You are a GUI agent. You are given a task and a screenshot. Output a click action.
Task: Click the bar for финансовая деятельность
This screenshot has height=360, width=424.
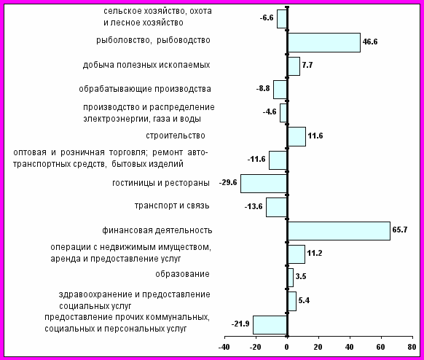click(339, 231)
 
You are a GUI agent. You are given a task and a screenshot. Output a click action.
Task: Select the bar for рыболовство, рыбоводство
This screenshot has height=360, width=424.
click(324, 43)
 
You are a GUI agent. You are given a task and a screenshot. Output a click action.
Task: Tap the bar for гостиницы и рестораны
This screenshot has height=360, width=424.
click(264, 184)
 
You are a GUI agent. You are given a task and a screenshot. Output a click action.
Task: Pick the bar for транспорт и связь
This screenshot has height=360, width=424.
click(276, 207)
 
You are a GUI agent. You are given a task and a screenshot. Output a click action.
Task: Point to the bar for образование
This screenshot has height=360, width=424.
click(291, 278)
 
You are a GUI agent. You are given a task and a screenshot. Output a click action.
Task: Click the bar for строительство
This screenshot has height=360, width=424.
click(297, 136)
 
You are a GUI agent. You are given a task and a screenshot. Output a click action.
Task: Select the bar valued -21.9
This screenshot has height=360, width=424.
click(270, 325)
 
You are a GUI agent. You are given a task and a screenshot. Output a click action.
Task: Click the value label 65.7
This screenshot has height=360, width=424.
click(400, 230)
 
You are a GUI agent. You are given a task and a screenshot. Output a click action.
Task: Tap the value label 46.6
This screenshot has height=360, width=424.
click(370, 42)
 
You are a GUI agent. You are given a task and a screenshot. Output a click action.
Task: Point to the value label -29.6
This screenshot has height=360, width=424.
click(228, 183)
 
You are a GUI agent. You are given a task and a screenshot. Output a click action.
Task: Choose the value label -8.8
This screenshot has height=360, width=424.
click(263, 88)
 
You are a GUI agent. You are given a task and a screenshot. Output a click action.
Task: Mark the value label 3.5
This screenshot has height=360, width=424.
click(301, 276)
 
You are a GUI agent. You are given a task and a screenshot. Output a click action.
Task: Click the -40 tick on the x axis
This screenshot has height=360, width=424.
click(224, 337)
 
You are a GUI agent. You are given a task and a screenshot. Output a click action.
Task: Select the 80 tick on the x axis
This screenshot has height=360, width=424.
click(412, 337)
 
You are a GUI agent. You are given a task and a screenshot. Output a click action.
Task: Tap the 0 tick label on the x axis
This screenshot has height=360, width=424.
click(287, 347)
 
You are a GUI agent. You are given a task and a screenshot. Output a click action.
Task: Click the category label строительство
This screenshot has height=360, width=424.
click(176, 136)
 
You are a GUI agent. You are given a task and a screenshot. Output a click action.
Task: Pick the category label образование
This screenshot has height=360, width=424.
click(182, 274)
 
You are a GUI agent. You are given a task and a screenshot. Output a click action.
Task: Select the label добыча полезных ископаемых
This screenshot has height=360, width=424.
click(146, 65)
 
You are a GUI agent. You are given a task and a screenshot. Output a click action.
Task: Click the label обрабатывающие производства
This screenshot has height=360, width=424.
click(145, 89)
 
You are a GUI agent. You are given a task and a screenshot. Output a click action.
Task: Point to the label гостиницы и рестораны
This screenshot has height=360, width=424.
click(161, 183)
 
